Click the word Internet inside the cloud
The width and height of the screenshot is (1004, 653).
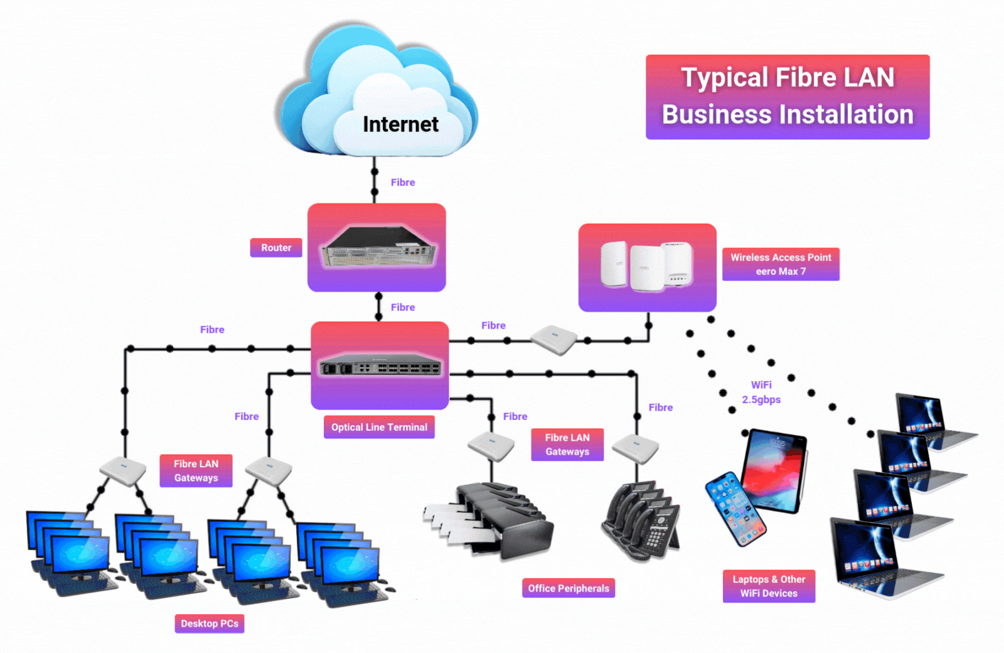click(400, 124)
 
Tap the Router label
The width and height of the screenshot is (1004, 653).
click(276, 247)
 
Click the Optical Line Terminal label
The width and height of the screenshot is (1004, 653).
click(379, 427)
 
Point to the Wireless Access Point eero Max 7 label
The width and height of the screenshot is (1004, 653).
click(781, 264)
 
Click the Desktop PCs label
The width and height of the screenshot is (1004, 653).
click(210, 623)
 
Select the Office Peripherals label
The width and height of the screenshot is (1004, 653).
click(569, 588)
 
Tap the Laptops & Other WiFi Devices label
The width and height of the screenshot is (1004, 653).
click(769, 586)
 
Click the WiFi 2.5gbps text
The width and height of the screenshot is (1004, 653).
click(761, 392)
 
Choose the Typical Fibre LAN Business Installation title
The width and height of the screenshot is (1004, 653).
click(788, 97)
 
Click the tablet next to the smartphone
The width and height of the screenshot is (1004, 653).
click(774, 471)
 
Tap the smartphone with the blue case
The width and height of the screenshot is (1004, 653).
click(735, 509)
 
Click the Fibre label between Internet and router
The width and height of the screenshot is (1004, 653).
click(403, 182)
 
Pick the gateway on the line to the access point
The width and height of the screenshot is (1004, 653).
click(554, 340)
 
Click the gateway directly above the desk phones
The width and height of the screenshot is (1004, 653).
click(636, 448)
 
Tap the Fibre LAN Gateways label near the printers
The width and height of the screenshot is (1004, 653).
click(567, 445)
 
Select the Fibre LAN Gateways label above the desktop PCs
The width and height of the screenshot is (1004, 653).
click(196, 471)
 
